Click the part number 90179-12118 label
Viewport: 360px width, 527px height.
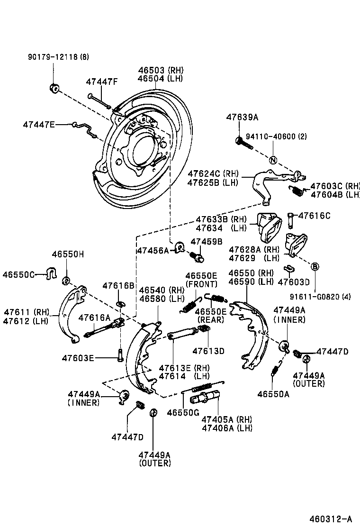click(x=57, y=57)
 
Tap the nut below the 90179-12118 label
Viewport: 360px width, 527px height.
click(x=54, y=88)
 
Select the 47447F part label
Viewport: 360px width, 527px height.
click(x=101, y=82)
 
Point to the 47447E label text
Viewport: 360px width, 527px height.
click(x=38, y=125)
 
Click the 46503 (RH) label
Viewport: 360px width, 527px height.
click(x=161, y=70)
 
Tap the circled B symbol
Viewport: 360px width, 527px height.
click(x=315, y=267)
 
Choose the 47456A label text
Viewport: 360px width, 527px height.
click(x=152, y=250)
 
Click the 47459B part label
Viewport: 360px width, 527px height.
click(x=206, y=241)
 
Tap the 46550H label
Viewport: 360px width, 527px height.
click(x=68, y=254)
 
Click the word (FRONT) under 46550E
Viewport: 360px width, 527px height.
click(x=201, y=284)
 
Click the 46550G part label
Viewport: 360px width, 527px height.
click(x=182, y=412)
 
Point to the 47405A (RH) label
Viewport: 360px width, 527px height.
click(x=227, y=419)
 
